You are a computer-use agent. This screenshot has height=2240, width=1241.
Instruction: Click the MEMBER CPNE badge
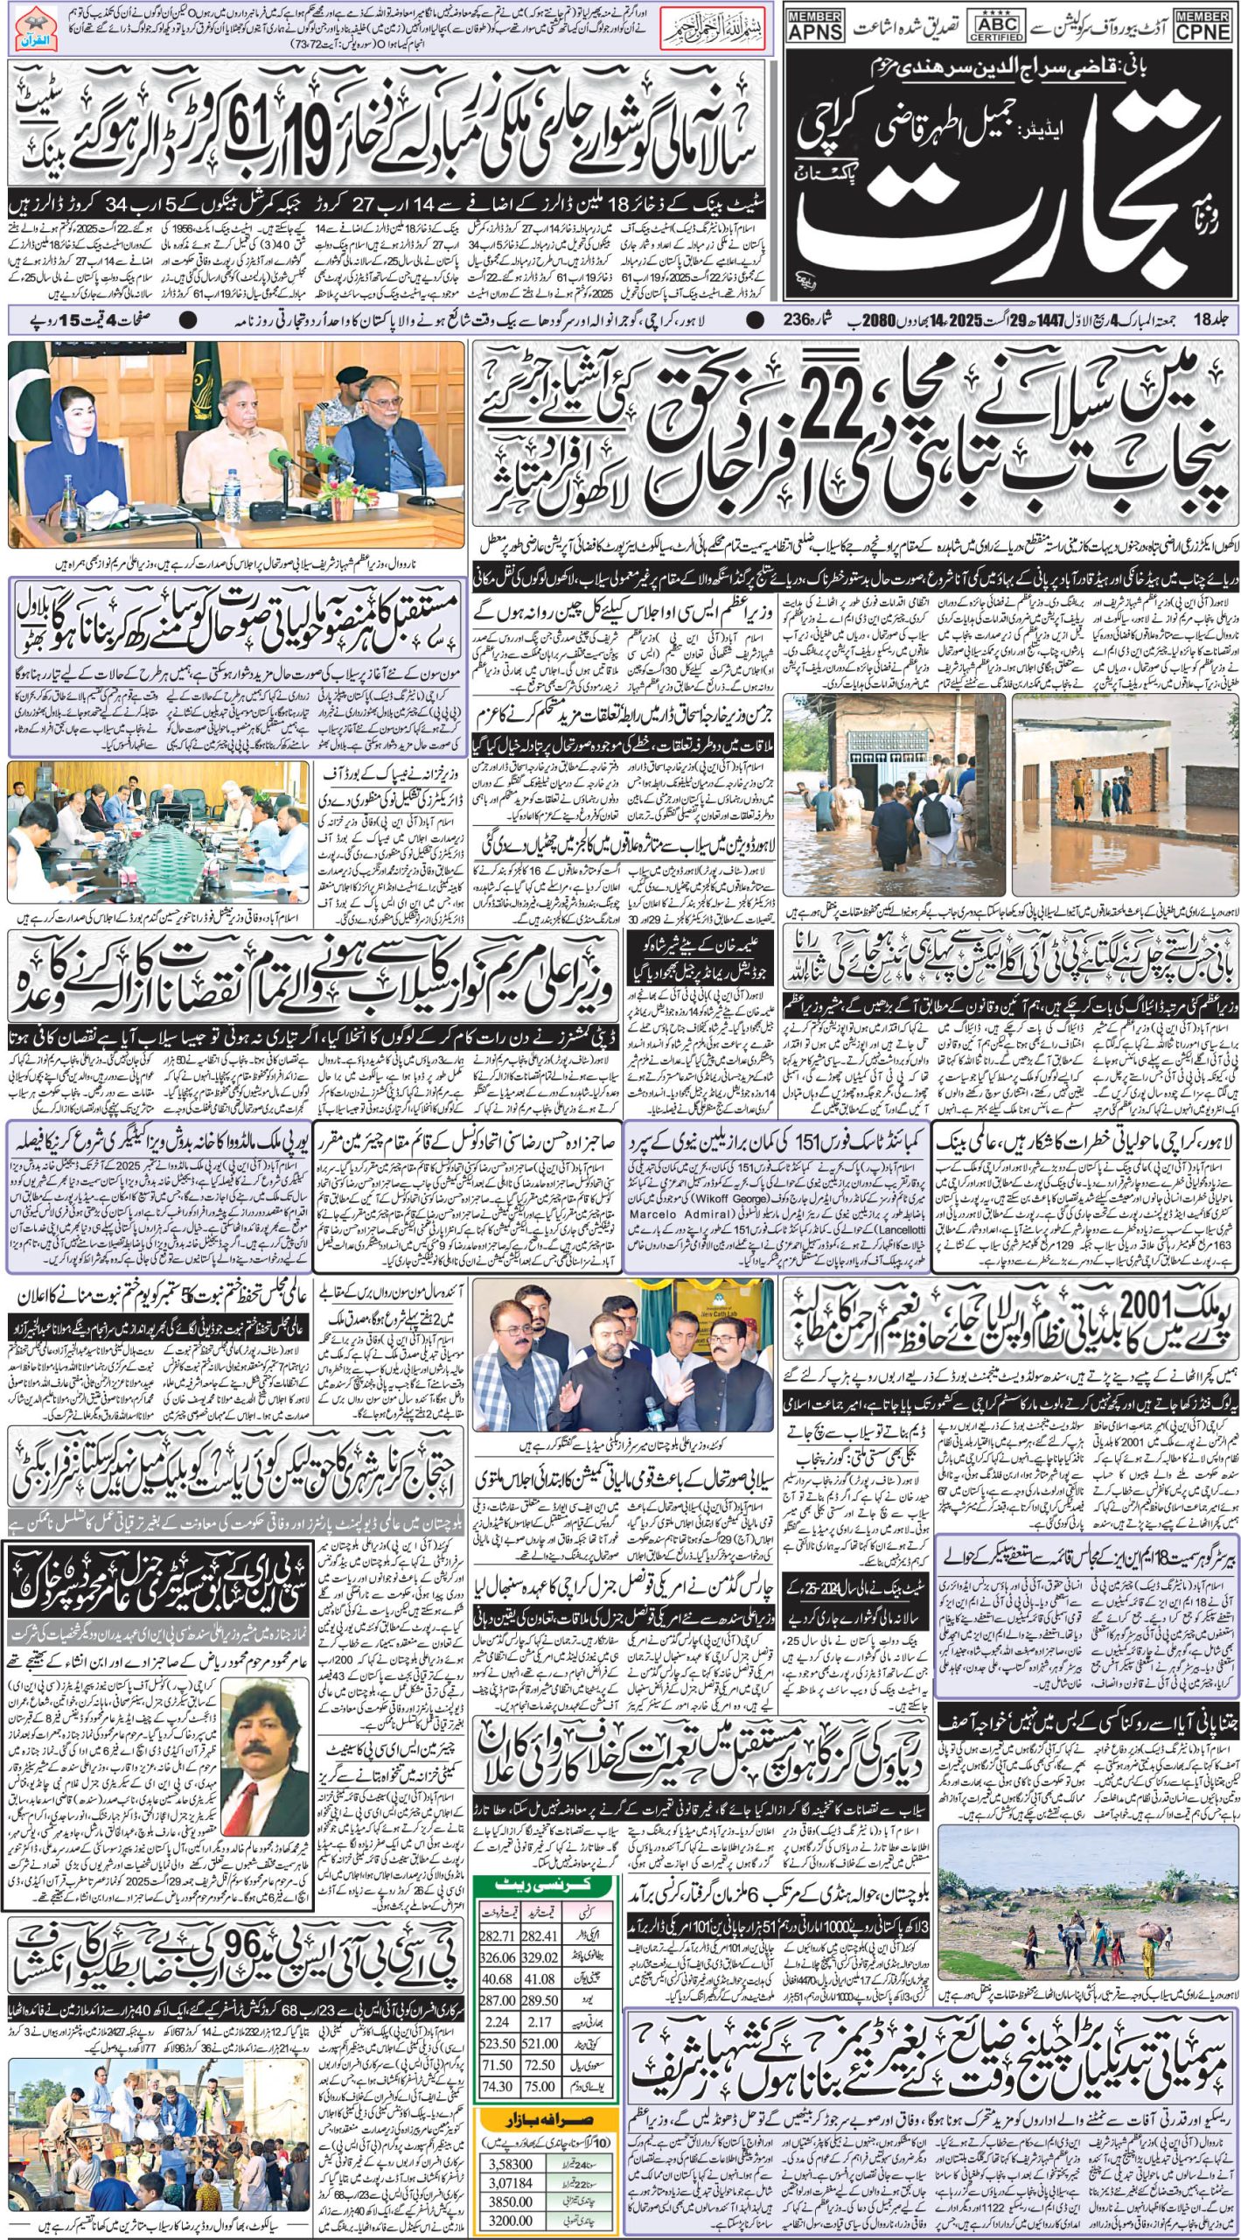[x=1202, y=24]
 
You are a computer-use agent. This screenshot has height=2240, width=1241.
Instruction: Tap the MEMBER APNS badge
[x=815, y=24]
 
